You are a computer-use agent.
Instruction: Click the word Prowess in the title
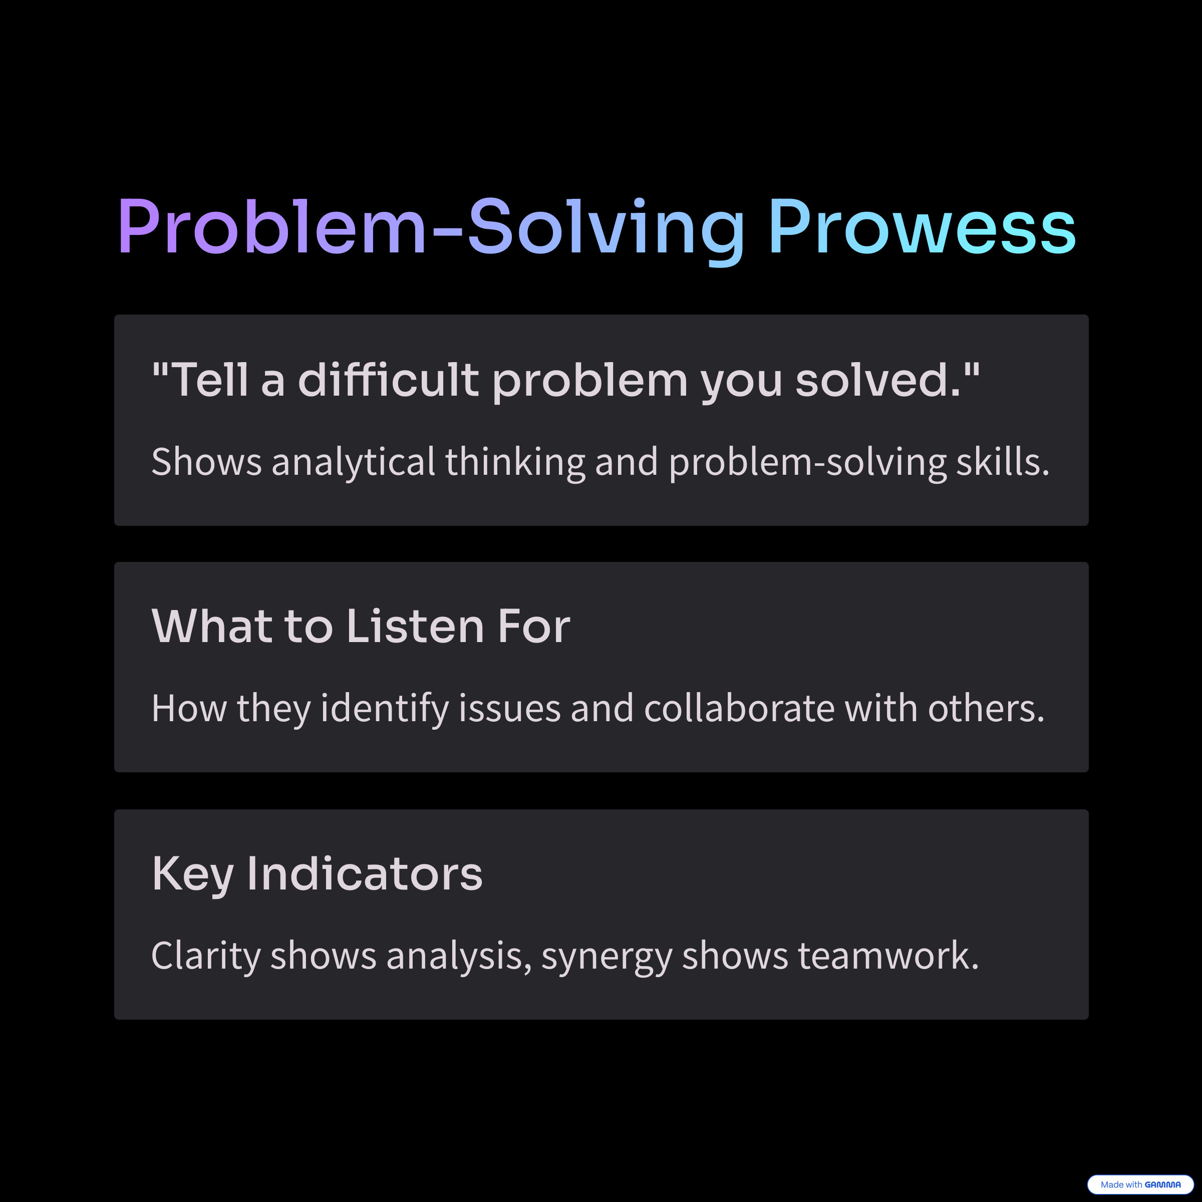(x=922, y=226)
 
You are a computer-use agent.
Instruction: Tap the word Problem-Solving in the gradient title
(x=431, y=231)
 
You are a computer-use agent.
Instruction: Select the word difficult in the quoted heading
(x=388, y=379)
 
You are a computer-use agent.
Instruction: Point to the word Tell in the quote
(x=210, y=379)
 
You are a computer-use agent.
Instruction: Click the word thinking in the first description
(x=515, y=462)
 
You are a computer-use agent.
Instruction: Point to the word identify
(x=385, y=709)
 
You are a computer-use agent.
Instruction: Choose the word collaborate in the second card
(x=739, y=708)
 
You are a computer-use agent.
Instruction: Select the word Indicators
(x=365, y=873)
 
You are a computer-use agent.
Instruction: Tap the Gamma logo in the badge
(x=1162, y=1184)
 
